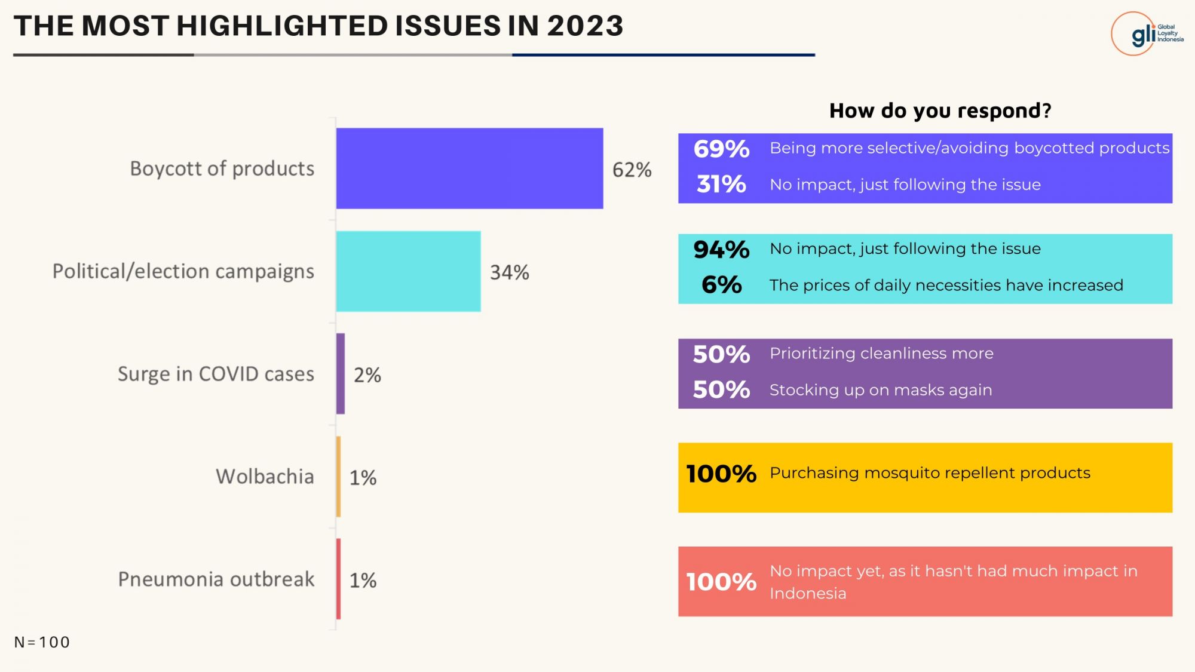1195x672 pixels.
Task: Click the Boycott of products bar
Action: [470, 168]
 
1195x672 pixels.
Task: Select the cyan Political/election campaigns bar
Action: [409, 271]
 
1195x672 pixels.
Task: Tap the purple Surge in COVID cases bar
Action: [341, 374]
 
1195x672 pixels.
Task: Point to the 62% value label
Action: [632, 170]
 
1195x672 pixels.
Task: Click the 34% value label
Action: [510, 272]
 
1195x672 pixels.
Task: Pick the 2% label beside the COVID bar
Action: [367, 375]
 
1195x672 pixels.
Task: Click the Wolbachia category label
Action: [265, 477]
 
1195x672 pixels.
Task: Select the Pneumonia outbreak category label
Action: [216, 579]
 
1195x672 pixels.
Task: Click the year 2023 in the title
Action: [585, 26]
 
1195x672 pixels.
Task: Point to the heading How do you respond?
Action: [940, 111]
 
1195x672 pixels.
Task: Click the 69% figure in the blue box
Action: [721, 149]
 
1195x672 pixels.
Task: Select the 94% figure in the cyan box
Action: [721, 249]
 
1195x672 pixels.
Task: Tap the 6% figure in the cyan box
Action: [721, 285]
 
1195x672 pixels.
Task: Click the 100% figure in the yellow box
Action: [721, 474]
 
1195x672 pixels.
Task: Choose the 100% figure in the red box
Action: [721, 582]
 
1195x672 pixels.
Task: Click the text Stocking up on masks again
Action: [881, 390]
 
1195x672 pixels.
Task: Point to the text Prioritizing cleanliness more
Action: [881, 354]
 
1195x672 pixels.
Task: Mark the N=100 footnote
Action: [42, 642]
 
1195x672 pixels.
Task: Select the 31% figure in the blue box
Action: [721, 184]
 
